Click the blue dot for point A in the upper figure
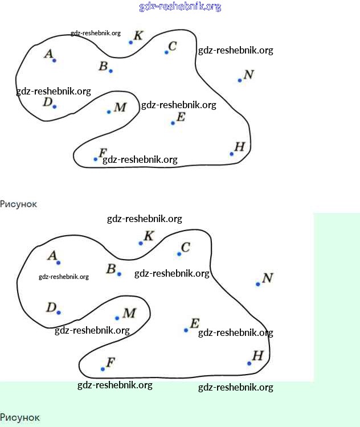point(54,60)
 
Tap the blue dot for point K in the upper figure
point(130,42)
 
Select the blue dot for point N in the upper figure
point(240,80)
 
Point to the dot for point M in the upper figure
point(109,112)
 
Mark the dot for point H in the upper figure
point(231,154)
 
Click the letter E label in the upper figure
point(181,117)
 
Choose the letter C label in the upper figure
point(173,46)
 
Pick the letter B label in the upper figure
point(103,66)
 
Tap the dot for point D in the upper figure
point(55,106)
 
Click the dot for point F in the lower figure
point(103,369)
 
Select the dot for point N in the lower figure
point(258,284)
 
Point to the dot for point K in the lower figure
point(141,243)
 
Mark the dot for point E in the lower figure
point(186,330)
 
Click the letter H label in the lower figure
point(257,356)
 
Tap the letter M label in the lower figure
point(129,313)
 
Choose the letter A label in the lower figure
point(52,256)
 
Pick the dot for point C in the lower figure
point(179,254)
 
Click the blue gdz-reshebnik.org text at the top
point(180,7)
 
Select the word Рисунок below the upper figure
point(18,204)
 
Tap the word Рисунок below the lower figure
point(20,418)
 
